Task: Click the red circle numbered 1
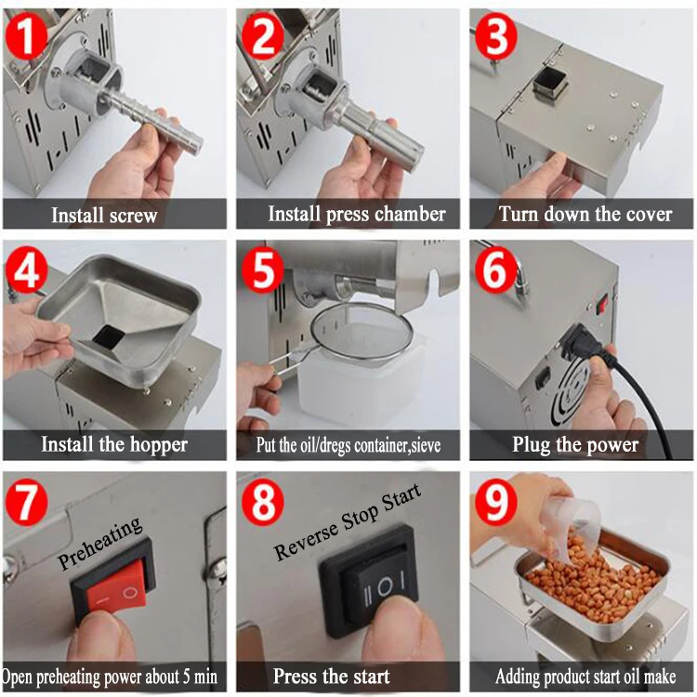coord(26,35)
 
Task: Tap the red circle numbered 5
coord(262,270)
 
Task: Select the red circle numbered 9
coord(495,502)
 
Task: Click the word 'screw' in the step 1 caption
coord(133,216)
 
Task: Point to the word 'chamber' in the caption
coord(410,214)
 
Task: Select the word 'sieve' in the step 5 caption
coord(426,445)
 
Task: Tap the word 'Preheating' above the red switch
coord(100,543)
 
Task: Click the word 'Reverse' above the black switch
coord(307,540)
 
